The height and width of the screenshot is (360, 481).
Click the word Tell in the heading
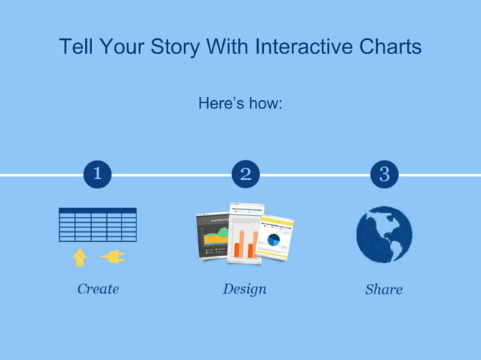[75, 47]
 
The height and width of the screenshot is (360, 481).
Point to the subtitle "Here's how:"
[240, 102]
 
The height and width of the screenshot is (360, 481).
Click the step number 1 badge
[97, 175]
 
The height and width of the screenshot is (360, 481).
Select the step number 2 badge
[245, 175]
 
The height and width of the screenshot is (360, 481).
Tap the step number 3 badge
[384, 175]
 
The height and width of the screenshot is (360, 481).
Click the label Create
[98, 288]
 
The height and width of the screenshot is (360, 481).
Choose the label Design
[244, 288]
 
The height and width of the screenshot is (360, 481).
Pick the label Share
[384, 289]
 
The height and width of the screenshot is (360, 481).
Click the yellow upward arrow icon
[79, 258]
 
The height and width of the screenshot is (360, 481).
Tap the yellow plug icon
[112, 258]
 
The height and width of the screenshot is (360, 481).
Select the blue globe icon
[384, 234]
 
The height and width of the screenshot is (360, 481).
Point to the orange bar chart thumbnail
[245, 233]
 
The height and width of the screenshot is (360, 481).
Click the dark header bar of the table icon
[97, 210]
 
